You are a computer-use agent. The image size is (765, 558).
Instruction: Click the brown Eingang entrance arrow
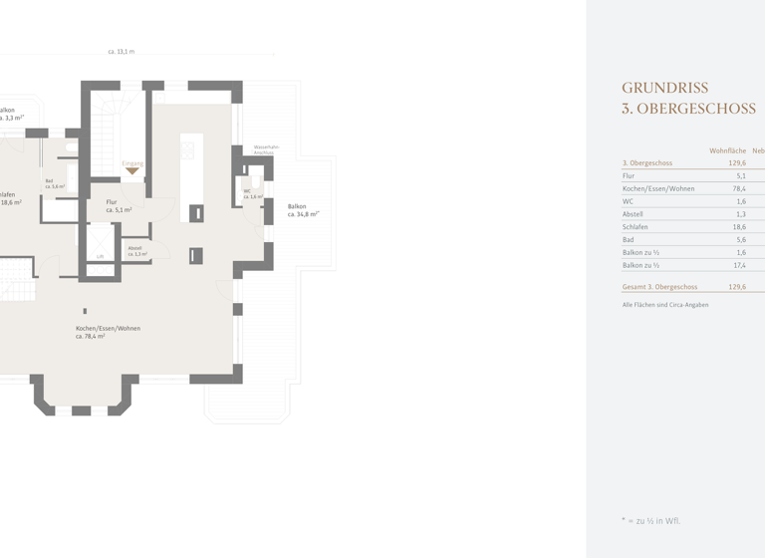pyautogui.click(x=132, y=171)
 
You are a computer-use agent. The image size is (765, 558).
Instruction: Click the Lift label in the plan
pyautogui.click(x=100, y=257)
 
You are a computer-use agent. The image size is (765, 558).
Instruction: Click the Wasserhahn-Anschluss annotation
pyautogui.click(x=266, y=148)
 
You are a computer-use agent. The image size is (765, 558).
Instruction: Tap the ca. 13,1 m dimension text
pyautogui.click(x=122, y=51)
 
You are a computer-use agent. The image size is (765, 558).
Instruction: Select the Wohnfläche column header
pyautogui.click(x=727, y=150)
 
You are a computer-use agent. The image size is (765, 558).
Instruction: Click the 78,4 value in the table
pyautogui.click(x=738, y=188)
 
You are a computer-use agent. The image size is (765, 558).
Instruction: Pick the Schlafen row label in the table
pyautogui.click(x=636, y=227)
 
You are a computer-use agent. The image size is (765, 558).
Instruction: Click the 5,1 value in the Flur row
pyautogui.click(x=740, y=175)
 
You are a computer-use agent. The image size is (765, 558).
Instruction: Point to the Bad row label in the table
pyautogui.click(x=628, y=240)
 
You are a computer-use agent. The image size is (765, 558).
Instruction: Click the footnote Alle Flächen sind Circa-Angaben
pyautogui.click(x=664, y=304)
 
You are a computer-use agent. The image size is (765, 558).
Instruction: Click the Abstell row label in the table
pyautogui.click(x=633, y=214)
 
